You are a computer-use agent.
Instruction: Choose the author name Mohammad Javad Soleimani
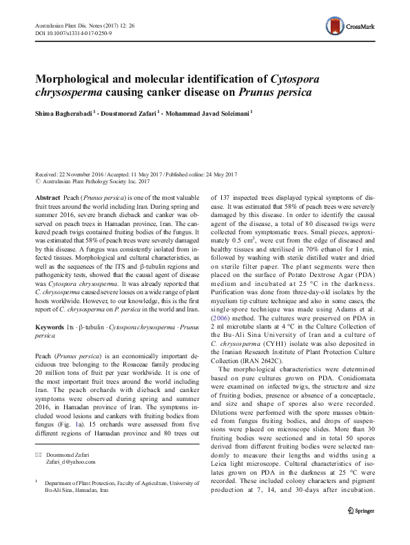tap(209, 112)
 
